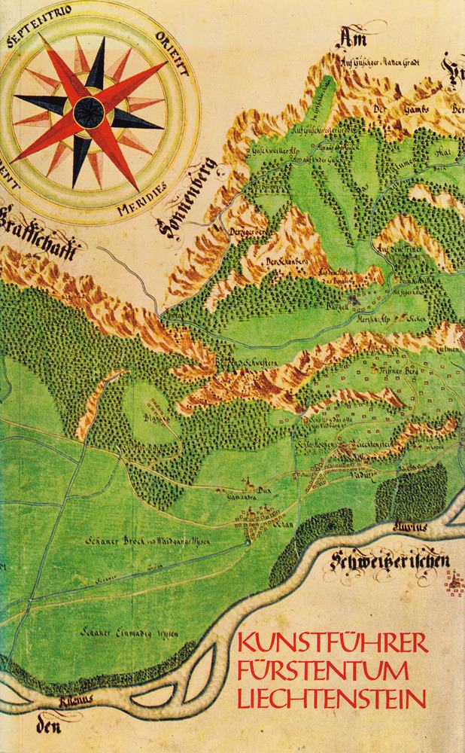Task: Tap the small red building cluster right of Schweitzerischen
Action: [454, 580]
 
